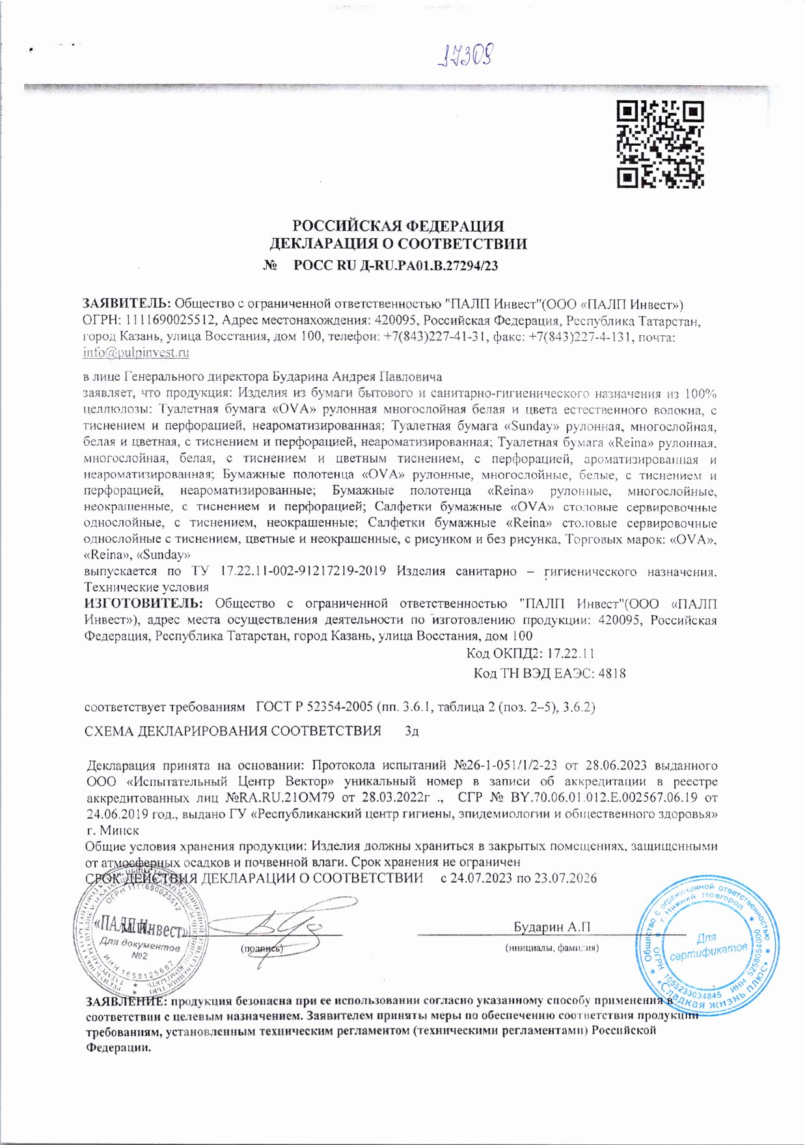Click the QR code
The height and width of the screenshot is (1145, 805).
[x=660, y=145]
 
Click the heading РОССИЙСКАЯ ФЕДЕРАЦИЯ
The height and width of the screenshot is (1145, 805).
[x=398, y=227]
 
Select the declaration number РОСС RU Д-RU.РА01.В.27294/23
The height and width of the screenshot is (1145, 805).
[x=396, y=266]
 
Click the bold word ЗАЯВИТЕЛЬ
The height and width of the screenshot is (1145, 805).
[x=126, y=303]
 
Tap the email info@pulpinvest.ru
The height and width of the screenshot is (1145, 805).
[x=136, y=353]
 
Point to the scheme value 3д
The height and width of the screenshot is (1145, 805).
[x=411, y=731]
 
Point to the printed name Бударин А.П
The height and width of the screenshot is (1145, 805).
[x=552, y=927]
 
